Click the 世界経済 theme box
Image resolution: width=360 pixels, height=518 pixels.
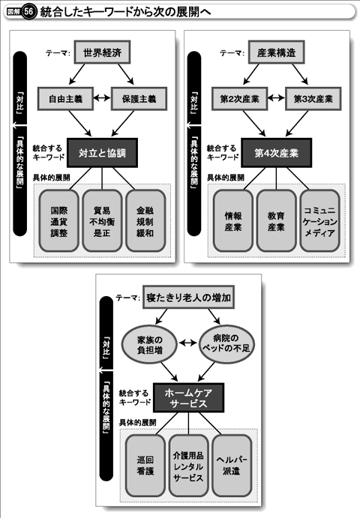pyautogui.click(x=102, y=52)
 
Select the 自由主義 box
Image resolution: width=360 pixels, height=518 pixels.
pyautogui.click(x=65, y=98)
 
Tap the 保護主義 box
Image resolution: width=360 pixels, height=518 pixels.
pyautogui.click(x=139, y=98)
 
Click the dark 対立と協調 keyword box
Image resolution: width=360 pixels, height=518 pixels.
pyautogui.click(x=102, y=153)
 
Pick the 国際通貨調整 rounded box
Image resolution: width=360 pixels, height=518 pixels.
pyautogui.click(x=58, y=221)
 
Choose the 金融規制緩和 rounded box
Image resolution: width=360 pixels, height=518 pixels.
pyautogui.click(x=145, y=221)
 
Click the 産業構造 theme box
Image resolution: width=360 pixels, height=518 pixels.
pyautogui.click(x=276, y=52)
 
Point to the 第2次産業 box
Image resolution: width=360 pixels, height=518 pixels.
pyautogui.click(x=240, y=98)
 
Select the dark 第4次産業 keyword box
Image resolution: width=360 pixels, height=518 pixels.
pyautogui.click(x=276, y=153)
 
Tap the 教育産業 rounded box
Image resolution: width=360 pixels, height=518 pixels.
pyautogui.click(x=276, y=221)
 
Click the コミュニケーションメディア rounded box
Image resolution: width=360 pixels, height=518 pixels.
pyautogui.click(x=319, y=221)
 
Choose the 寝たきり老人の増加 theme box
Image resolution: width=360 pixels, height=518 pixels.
pyautogui.click(x=188, y=298)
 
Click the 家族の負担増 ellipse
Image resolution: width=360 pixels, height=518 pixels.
pyautogui.click(x=150, y=344)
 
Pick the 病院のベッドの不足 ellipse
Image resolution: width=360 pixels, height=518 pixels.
pyautogui.click(x=226, y=344)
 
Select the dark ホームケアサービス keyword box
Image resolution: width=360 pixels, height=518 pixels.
pyautogui.click(x=188, y=398)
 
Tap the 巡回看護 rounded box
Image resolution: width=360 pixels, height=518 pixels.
pyautogui.click(x=145, y=466)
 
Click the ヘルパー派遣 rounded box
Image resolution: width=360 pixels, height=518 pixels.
pyautogui.click(x=232, y=466)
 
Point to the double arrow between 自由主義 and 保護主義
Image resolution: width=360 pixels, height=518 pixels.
pyautogui.click(x=102, y=98)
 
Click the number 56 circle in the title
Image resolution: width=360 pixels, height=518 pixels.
pyautogui.click(x=28, y=12)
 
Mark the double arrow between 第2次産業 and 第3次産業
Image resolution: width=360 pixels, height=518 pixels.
pyautogui.click(x=276, y=98)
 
